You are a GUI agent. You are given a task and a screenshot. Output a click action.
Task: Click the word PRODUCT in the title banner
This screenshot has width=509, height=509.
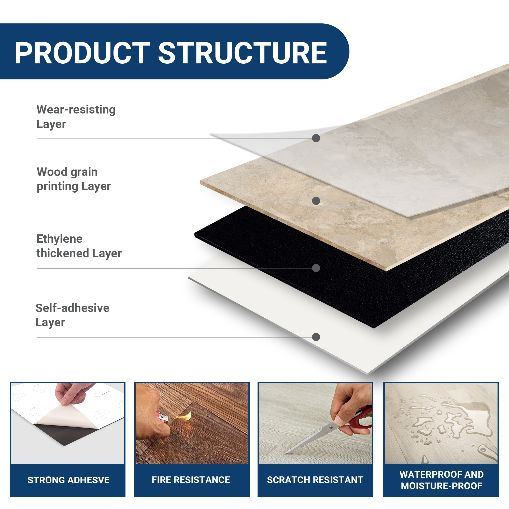[82, 53]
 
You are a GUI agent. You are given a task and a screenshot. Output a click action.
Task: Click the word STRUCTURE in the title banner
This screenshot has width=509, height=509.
[242, 53]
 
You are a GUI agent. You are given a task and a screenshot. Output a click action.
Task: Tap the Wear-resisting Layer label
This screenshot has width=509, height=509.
[76, 117]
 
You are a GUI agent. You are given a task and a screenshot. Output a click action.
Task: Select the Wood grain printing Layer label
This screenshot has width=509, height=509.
[74, 179]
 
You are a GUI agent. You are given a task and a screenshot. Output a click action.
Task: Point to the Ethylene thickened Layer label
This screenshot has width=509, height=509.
[79, 246]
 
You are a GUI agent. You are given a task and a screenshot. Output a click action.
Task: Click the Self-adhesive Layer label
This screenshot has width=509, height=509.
[72, 315]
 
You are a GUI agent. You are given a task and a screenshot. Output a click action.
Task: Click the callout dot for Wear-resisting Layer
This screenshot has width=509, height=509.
[316, 138]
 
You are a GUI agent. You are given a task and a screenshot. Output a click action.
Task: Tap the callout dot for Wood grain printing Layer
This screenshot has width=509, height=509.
[316, 201]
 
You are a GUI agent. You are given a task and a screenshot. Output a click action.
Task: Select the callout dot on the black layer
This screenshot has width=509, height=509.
[316, 268]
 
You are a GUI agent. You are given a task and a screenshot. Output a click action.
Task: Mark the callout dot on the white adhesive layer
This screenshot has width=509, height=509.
[316, 337]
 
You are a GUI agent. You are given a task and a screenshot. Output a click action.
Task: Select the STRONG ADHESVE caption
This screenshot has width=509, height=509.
[68, 480]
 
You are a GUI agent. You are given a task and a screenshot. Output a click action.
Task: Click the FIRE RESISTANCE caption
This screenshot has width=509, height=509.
[191, 480]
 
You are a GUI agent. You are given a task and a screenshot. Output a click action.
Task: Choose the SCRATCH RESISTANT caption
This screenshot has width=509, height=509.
[315, 480]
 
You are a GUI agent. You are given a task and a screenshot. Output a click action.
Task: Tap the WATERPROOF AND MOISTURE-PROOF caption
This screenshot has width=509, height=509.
[441, 480]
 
